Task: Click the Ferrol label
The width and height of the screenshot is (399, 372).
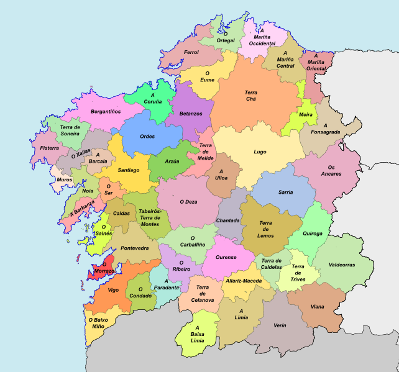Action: [x=191, y=53]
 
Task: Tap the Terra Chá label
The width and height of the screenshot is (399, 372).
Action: [x=250, y=96]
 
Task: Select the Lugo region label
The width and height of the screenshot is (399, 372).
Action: [x=260, y=152]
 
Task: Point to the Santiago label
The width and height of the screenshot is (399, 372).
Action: [x=128, y=170]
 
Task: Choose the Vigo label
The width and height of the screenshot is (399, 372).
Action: [x=112, y=290]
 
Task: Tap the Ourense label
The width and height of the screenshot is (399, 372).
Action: [x=226, y=257]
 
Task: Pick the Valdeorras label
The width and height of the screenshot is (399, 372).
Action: [x=342, y=265]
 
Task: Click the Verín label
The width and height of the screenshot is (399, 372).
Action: [x=280, y=325]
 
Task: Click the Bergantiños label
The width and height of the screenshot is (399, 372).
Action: [x=106, y=111]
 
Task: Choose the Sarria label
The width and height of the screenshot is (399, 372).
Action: [x=286, y=193]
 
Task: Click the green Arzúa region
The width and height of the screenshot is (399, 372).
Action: [x=172, y=161]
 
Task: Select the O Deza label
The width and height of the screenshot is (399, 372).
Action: [x=188, y=201]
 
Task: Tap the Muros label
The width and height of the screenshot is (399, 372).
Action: [x=64, y=180]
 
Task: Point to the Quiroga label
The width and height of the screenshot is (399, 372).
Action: [x=313, y=234]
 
